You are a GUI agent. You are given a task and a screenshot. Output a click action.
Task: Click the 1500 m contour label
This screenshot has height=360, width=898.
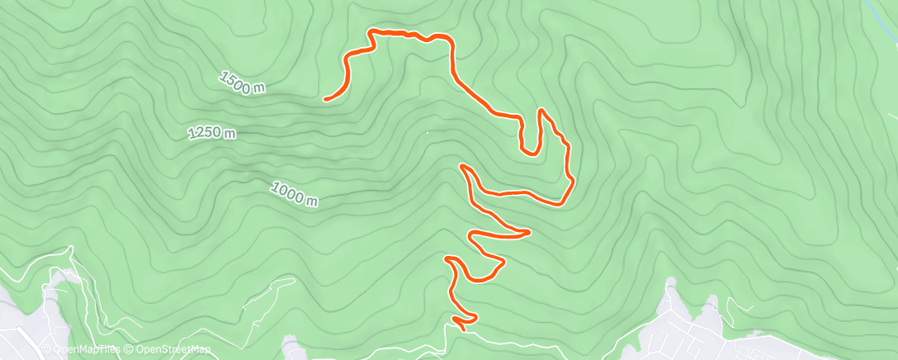pos(242,83)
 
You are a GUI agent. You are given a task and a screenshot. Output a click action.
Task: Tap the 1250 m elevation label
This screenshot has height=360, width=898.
pos(212,133)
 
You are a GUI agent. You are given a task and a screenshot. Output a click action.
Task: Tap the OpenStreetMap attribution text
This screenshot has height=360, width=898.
pos(168,350)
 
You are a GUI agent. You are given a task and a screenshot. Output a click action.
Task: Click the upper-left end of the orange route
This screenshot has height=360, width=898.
pos(327,99)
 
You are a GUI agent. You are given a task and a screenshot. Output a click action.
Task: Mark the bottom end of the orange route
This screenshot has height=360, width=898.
pos(461,329)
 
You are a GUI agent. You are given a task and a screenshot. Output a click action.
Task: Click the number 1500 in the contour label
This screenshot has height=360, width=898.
pos(236,81)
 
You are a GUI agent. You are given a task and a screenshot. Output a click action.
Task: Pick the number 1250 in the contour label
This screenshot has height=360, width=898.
pos(206,133)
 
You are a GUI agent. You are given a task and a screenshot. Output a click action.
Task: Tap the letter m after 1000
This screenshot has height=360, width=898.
pos(311,201)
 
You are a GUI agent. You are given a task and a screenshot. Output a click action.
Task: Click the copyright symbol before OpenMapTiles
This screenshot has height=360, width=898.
pos(46,350)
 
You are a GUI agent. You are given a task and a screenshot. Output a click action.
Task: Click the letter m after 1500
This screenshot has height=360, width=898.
pos(258,89)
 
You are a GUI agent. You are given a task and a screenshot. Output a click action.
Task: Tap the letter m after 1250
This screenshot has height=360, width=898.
pos(230,133)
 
